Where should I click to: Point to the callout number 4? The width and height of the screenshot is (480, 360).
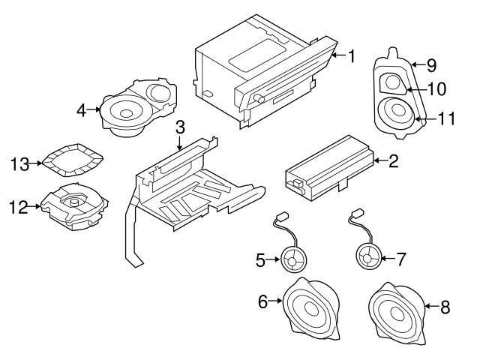[x=81, y=109]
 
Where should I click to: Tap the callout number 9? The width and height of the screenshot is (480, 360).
[x=431, y=64]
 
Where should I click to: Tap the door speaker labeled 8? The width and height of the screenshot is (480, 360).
[x=394, y=309]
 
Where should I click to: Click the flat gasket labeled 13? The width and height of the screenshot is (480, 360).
[x=72, y=159]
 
